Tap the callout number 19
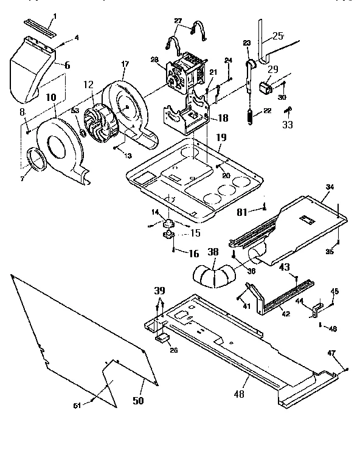pyautogui.click(x=220, y=138)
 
